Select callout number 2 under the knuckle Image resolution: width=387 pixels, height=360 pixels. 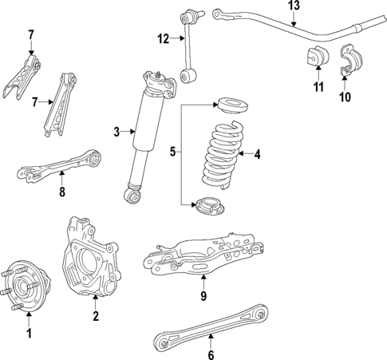(96, 317)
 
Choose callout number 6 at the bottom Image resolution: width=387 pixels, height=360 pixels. (211, 356)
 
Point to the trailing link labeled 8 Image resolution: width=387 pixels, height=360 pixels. (60, 168)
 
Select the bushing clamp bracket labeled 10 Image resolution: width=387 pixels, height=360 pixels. (349, 63)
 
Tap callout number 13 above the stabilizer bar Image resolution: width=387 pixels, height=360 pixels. (293, 6)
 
